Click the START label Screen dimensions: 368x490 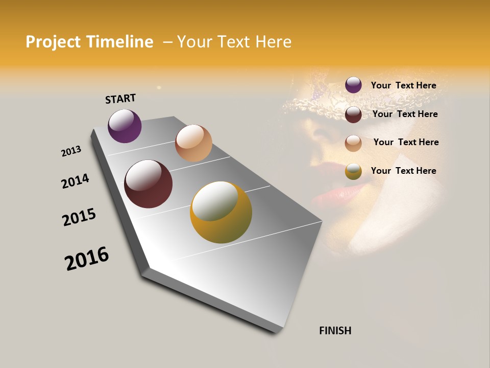120,99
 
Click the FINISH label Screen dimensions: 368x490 335,331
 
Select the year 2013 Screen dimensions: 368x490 71,151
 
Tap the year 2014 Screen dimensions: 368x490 76,181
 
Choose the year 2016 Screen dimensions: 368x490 87,259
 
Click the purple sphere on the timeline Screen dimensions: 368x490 125,126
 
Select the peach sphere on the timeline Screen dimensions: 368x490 193,143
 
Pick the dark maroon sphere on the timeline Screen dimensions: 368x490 148,184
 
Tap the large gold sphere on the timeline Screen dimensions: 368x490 221,212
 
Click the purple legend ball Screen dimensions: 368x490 353,85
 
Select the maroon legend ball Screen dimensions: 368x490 353,114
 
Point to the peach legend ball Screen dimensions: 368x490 353,143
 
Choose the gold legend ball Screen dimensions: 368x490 353,171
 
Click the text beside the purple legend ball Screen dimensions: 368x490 403,85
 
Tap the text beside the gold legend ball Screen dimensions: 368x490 403,171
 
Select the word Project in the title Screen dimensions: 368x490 53,42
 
